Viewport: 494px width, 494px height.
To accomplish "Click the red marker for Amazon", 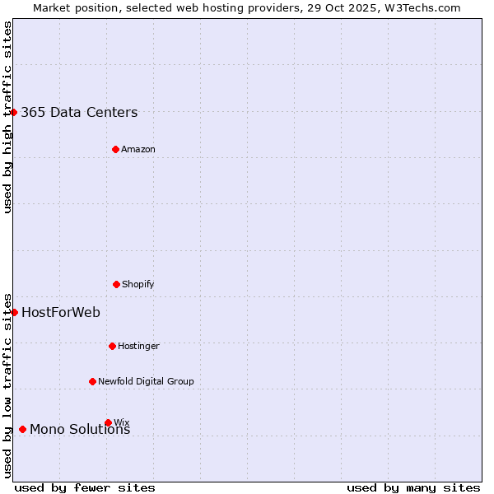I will [115, 149].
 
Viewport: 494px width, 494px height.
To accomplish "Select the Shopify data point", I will [116, 284].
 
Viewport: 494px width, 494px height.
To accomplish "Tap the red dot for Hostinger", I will [112, 346].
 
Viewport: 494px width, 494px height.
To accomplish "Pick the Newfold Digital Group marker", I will [92, 381].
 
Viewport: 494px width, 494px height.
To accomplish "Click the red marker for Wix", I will [108, 422].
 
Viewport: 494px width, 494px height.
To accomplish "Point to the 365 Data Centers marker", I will [14, 112].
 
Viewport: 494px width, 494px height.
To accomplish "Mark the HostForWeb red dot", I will [14, 312].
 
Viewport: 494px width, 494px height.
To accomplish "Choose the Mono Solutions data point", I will [22, 429].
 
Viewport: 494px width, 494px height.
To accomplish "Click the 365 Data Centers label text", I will [79, 113].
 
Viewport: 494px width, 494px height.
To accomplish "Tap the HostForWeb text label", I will [61, 312].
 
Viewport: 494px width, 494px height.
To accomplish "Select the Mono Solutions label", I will [80, 430].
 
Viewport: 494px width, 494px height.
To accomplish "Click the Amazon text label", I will [138, 149].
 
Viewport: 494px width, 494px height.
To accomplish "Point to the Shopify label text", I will [138, 284].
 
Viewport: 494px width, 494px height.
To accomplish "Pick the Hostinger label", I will [138, 346].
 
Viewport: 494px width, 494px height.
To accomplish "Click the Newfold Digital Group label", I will [146, 381].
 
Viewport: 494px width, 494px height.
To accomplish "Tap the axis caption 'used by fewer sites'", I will [85, 487].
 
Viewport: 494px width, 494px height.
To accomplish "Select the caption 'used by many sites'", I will [413, 487].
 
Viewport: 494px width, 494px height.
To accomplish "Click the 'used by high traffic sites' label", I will [7, 117].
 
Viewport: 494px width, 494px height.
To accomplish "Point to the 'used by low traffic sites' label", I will [7, 384].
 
